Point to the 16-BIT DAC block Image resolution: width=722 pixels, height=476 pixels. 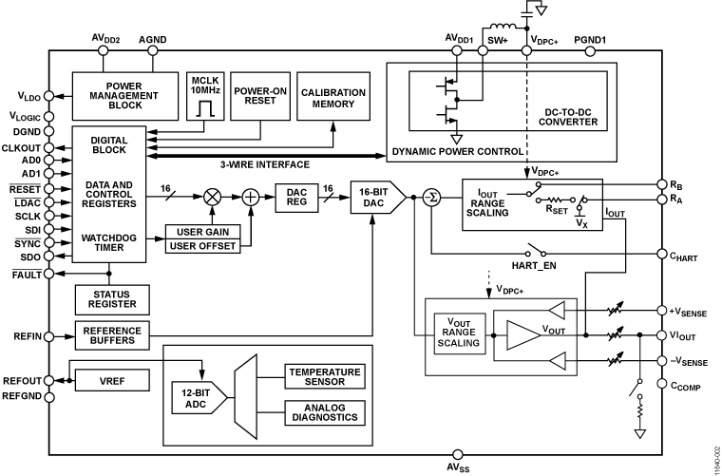(x=375, y=197)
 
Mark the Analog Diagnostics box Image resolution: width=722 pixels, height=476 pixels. (x=323, y=411)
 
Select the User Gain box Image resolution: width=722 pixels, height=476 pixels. (x=202, y=232)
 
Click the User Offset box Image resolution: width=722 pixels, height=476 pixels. (x=202, y=247)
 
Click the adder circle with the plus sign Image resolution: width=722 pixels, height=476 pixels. (x=251, y=197)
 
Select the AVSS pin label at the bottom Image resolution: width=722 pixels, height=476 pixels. (x=457, y=467)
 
